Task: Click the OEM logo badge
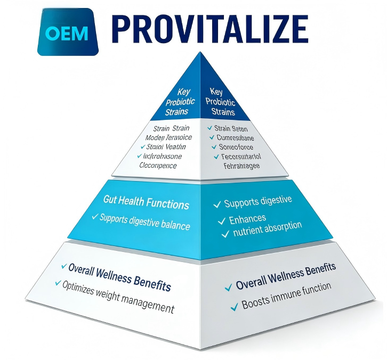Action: click(x=68, y=33)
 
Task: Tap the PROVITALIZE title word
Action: click(x=211, y=29)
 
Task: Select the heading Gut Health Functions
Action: click(x=146, y=204)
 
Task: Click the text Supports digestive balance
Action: click(x=144, y=222)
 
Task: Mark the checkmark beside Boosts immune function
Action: click(x=233, y=306)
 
